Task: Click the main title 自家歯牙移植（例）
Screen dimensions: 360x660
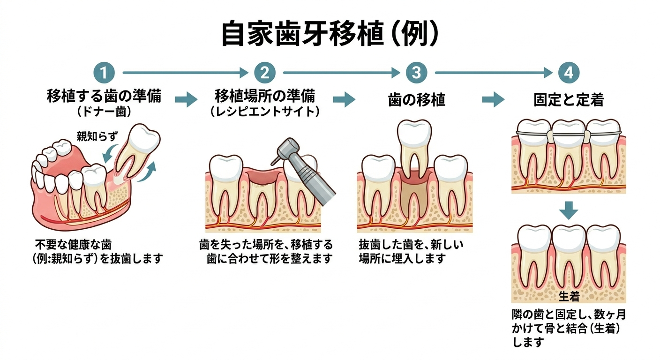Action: [x=330, y=34]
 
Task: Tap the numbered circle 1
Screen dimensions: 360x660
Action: [x=104, y=73]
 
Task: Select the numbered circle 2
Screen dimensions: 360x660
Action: [x=265, y=73]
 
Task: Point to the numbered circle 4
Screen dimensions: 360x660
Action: [x=569, y=73]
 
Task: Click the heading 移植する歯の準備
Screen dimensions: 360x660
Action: [x=104, y=97]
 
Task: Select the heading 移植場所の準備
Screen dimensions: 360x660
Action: [x=265, y=97]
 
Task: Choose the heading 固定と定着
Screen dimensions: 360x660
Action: [x=569, y=99]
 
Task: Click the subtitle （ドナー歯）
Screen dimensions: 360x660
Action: [x=104, y=112]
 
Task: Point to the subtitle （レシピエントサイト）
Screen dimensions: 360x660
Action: [x=265, y=112]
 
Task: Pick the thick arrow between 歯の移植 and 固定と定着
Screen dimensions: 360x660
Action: [x=493, y=99]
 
